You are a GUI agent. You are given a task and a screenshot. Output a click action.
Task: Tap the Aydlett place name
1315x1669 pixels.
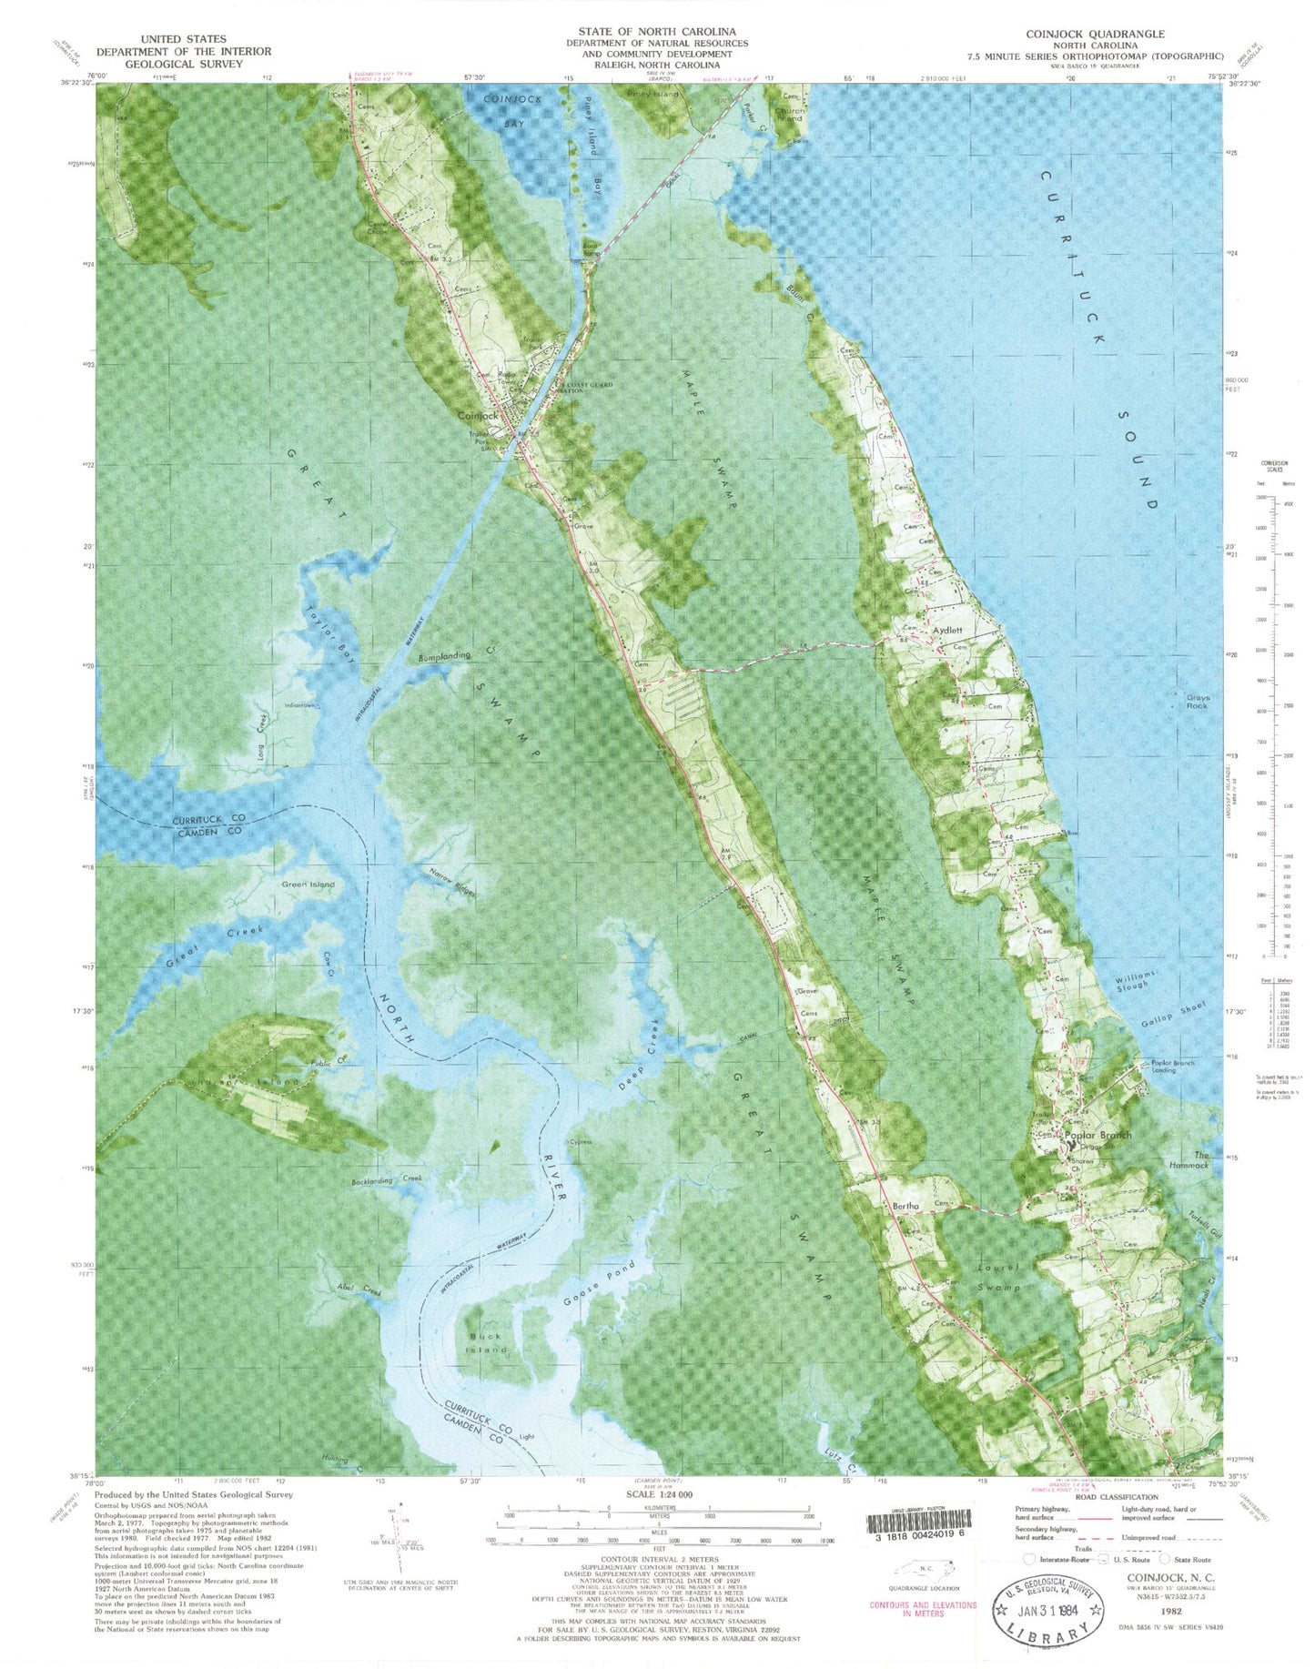pyautogui.click(x=947, y=630)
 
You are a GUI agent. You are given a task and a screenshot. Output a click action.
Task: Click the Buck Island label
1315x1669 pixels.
pyautogui.click(x=485, y=1342)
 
